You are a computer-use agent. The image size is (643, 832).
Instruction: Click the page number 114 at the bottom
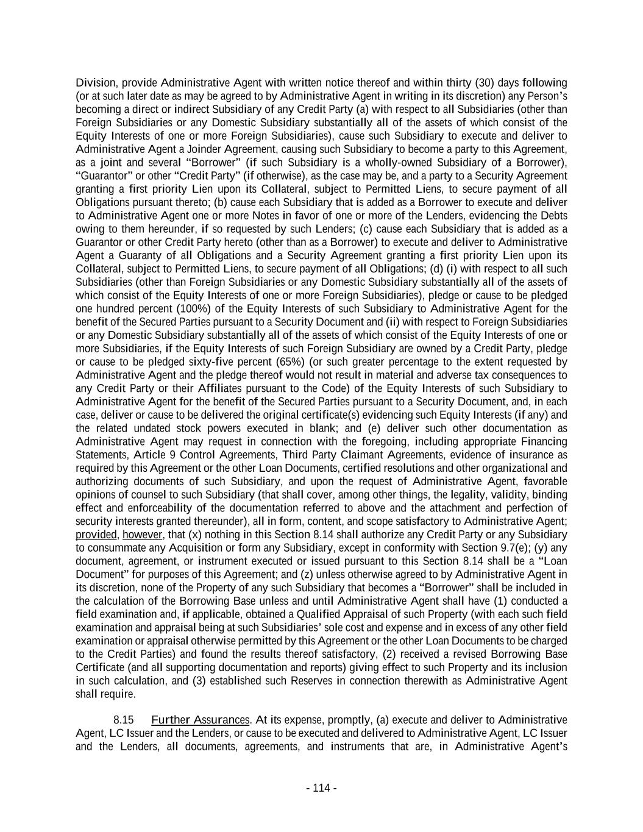click(321, 788)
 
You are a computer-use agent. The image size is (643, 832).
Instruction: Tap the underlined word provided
click(96, 535)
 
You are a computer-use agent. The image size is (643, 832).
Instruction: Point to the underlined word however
click(143, 535)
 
